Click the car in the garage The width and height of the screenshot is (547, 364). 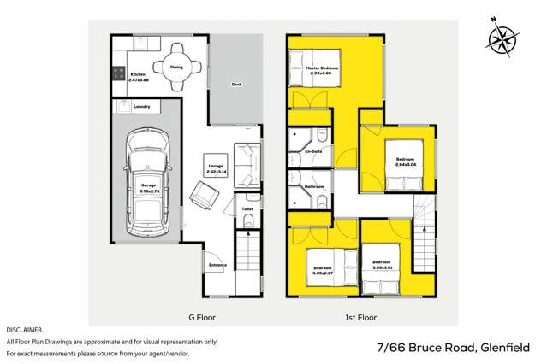146,184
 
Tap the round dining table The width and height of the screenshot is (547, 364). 176,67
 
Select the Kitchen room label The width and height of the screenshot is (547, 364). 138,76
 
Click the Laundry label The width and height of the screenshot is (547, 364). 142,107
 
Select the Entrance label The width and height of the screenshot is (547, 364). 217,265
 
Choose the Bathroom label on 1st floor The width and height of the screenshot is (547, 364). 313,185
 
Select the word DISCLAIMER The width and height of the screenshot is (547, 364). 24,329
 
